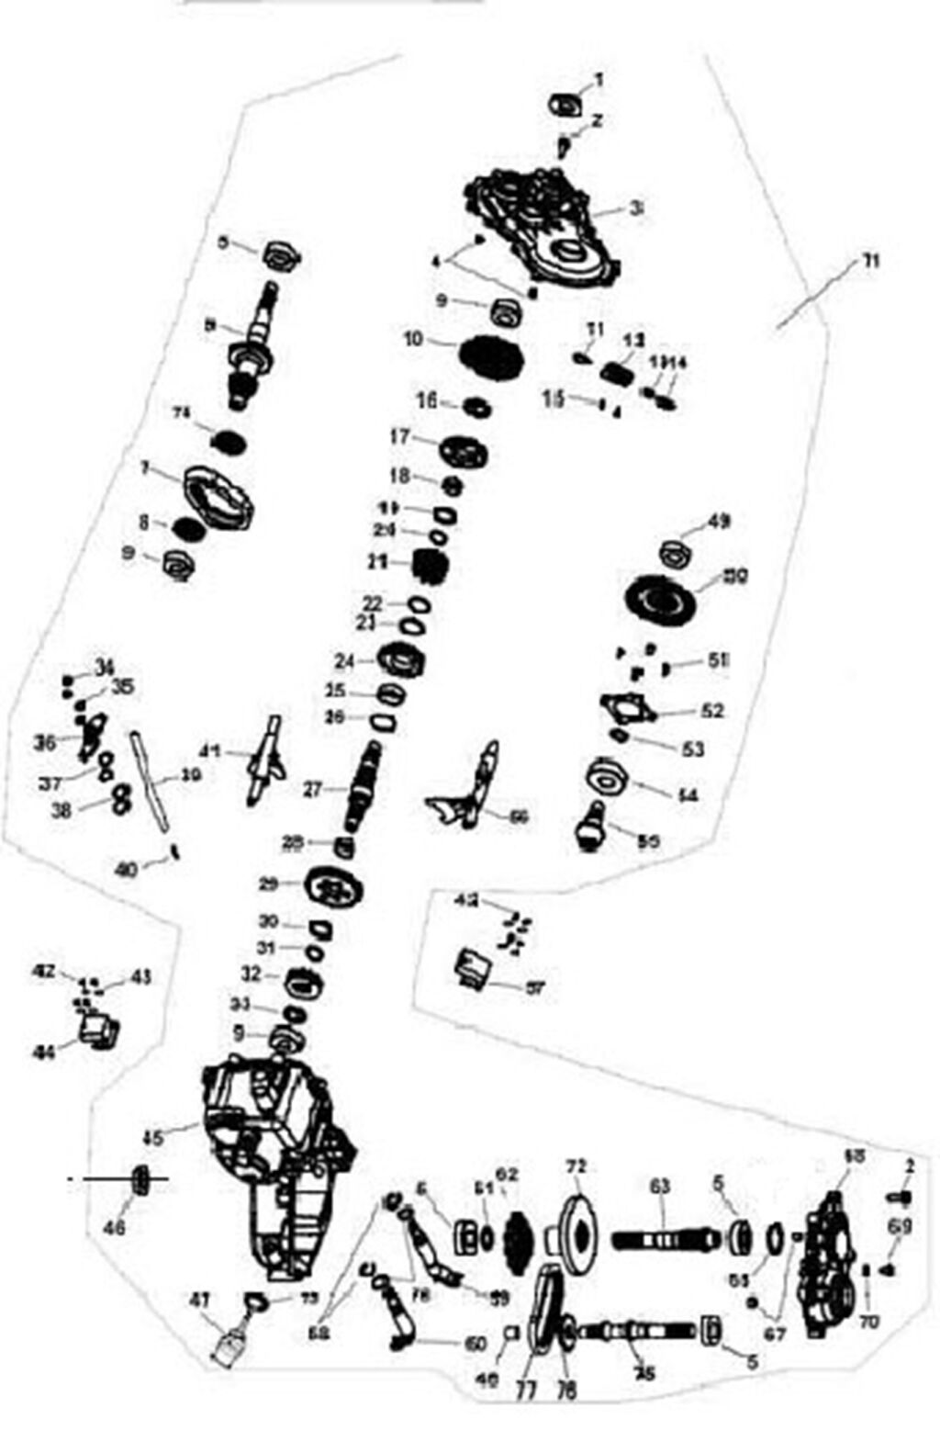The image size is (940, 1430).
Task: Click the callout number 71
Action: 868,262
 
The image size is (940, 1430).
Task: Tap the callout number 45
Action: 152,1137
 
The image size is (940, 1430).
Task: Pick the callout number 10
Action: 413,340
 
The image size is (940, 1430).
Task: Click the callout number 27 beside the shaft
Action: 313,788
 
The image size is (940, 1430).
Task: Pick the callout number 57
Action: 534,988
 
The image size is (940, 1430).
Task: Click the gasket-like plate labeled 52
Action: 628,710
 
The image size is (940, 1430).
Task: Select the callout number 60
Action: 476,1345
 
